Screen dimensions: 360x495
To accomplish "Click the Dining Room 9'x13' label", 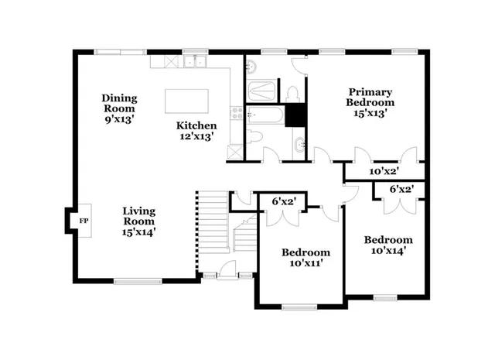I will tap(119, 104).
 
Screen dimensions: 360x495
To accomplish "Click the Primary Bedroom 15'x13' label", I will tap(370, 102).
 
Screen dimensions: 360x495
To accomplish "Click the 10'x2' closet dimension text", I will tap(383, 171).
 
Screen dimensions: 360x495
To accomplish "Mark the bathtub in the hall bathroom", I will tap(265, 117).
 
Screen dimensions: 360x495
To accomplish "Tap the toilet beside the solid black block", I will tap(292, 94).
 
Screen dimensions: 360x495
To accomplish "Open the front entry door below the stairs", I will tap(227, 271).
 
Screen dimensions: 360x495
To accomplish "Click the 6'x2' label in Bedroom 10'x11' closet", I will tap(285, 201).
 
